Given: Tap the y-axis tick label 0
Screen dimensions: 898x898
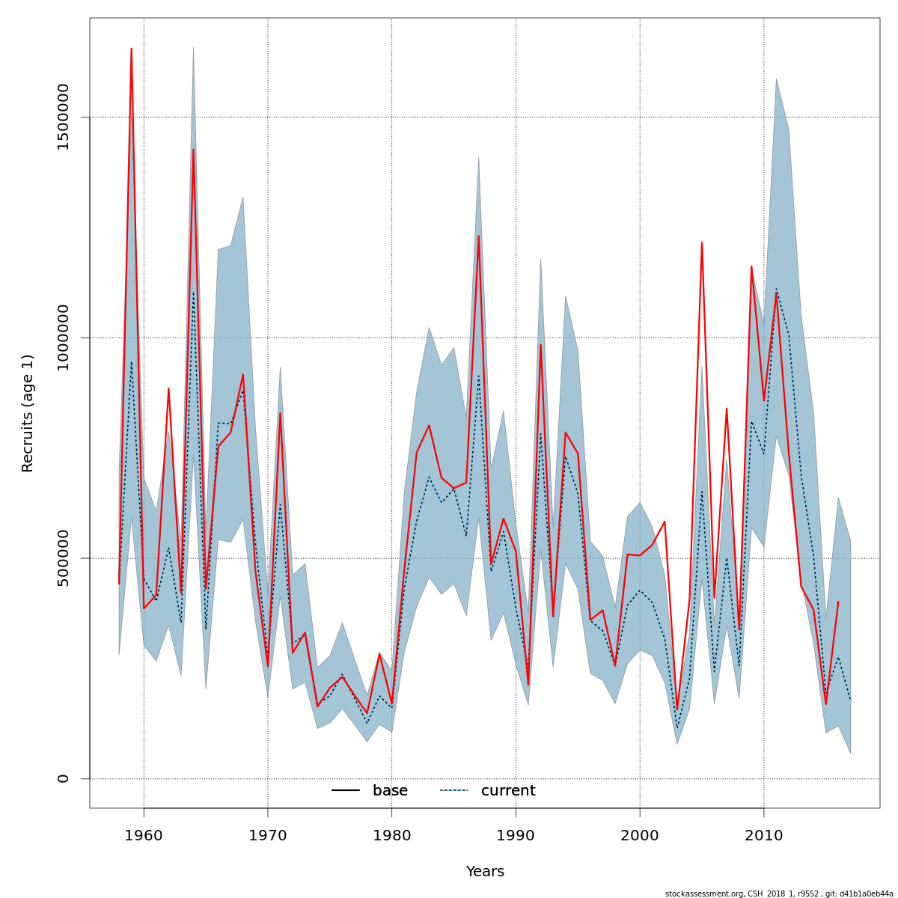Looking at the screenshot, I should pyautogui.click(x=63, y=778).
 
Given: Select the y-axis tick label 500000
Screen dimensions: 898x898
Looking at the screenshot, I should pyautogui.click(x=63, y=558).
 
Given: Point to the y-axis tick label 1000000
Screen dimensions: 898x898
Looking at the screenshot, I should pyautogui.click(x=63, y=337).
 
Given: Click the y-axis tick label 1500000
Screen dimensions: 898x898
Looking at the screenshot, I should pyautogui.click(x=63, y=117).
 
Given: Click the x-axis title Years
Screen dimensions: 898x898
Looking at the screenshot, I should pyautogui.click(x=485, y=872).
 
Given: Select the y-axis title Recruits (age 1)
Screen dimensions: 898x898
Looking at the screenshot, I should pyautogui.click(x=28, y=413).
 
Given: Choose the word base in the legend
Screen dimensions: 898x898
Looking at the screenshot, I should pyautogui.click(x=390, y=791).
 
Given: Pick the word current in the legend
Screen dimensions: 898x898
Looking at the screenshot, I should pyautogui.click(x=508, y=791).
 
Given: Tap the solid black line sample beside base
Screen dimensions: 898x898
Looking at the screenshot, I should pyautogui.click(x=346, y=791).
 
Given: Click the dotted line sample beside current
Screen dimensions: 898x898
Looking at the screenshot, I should pyautogui.click(x=454, y=791).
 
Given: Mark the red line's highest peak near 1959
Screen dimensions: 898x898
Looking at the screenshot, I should pyautogui.click(x=131, y=49).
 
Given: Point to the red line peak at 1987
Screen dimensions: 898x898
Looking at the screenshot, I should pyautogui.click(x=478, y=236).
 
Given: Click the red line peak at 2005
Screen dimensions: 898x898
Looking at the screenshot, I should pyautogui.click(x=702, y=242).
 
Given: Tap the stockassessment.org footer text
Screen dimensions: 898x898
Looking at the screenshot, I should pyautogui.click(x=778, y=894).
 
